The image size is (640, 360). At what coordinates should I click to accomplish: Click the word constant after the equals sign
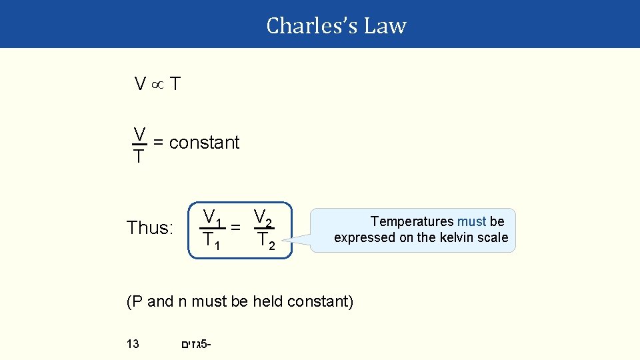pos(204,143)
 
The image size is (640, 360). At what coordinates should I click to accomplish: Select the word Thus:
pos(150,228)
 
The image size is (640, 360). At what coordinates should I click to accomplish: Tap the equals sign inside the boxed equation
pos(235,227)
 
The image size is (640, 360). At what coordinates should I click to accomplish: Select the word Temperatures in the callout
pos(412,221)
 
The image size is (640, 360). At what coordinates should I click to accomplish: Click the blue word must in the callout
pos(471,221)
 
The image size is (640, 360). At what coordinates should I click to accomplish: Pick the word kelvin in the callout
pos(455,237)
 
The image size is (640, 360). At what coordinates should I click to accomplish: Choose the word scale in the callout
pos(493,237)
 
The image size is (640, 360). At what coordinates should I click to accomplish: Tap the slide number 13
pos(133,344)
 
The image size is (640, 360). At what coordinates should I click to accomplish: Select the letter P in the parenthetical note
pos(137,302)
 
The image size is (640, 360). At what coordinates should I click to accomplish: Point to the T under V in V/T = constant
pos(139,157)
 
